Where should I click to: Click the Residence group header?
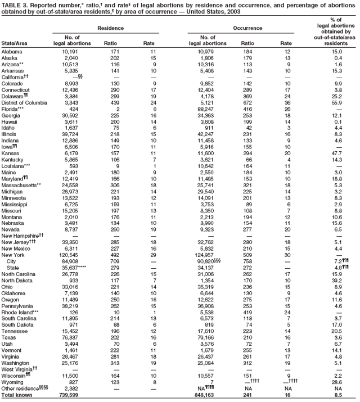[111, 27]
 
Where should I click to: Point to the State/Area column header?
[16, 44]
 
